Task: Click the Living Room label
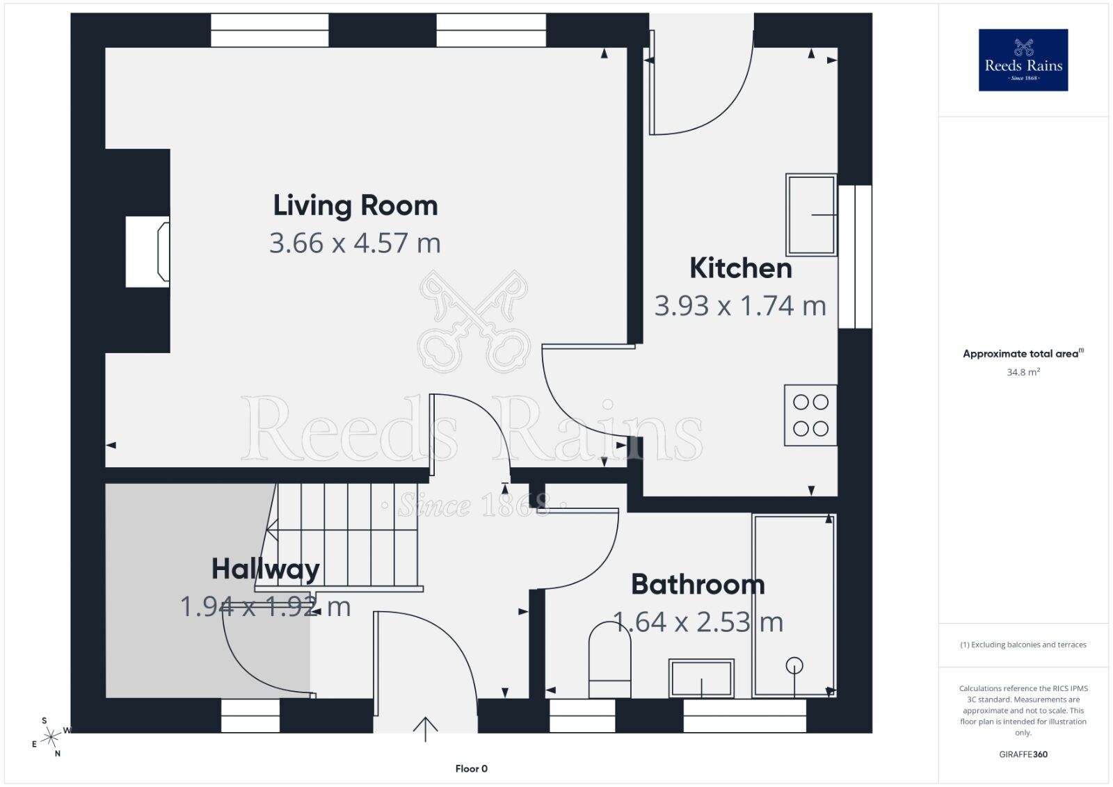(355, 206)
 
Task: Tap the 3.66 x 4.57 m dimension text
(355, 243)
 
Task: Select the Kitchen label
(741, 268)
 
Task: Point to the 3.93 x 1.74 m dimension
(740, 306)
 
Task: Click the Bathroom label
(698, 585)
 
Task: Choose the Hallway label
(266, 569)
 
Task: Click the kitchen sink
(811, 215)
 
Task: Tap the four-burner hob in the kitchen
(811, 415)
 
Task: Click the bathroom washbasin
(701, 679)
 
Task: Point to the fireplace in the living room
(147, 252)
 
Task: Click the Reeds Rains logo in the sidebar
(1023, 60)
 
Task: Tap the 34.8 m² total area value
(1023, 372)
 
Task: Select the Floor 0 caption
(472, 769)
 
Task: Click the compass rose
(51, 738)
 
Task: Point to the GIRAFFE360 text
(1023, 754)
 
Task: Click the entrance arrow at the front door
(425, 729)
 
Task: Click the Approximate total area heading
(1023, 354)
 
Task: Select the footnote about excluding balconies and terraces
(1023, 644)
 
